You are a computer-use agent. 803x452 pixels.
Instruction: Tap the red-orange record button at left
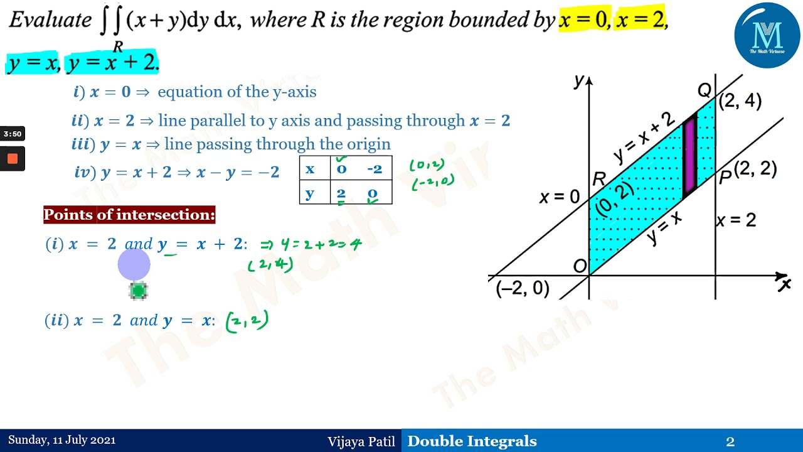[13, 159]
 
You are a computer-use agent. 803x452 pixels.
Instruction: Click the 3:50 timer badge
[13, 134]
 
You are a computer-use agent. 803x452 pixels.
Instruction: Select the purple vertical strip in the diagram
[689, 154]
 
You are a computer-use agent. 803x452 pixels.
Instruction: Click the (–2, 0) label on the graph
[523, 289]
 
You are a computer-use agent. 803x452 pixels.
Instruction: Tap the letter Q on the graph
[705, 91]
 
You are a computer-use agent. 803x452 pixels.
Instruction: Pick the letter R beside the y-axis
[598, 180]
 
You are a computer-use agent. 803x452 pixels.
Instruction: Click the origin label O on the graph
[580, 266]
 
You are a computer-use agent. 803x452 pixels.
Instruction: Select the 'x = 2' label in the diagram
[736, 220]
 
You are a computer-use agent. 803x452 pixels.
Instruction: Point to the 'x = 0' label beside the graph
[560, 197]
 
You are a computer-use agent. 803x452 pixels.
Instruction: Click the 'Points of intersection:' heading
[129, 215]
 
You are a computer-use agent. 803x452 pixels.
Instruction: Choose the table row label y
[310, 193]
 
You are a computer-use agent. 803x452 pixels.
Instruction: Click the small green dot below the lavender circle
[138, 291]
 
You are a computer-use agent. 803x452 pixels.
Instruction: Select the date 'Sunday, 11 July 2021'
[61, 441]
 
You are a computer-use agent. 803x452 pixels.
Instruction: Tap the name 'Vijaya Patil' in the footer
[361, 441]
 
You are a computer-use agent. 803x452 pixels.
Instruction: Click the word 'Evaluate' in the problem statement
[50, 21]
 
